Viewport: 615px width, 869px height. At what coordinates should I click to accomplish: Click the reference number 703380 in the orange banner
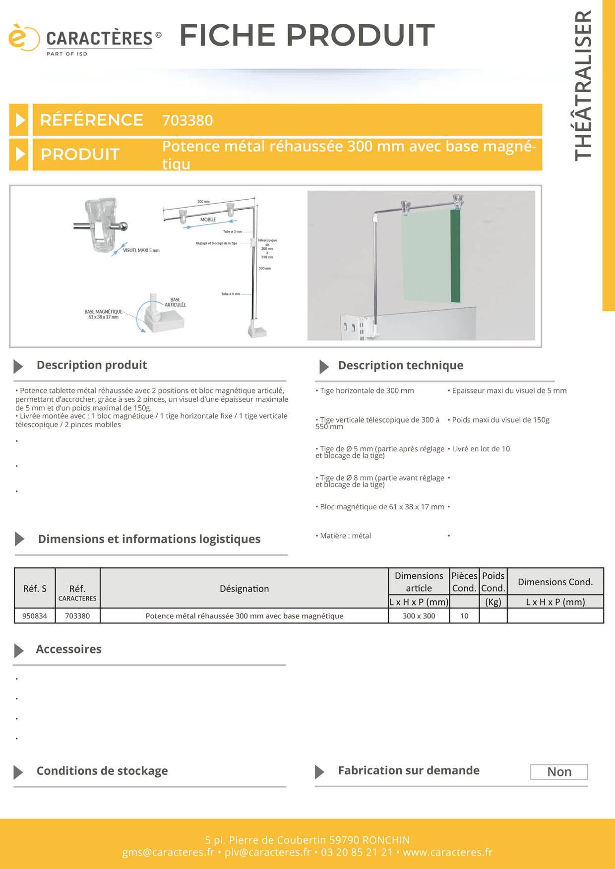[187, 120]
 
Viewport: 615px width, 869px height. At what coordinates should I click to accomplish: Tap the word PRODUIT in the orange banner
[80, 155]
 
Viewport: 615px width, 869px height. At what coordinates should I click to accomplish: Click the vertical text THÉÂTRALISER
[583, 85]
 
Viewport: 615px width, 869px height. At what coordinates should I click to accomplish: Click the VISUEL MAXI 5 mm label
[141, 251]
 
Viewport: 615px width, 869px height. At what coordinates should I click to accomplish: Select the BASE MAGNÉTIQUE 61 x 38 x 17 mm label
[103, 314]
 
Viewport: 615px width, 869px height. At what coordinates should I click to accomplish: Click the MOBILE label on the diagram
[208, 219]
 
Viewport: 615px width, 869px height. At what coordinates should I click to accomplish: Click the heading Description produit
[92, 365]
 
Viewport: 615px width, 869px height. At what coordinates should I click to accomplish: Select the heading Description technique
[400, 366]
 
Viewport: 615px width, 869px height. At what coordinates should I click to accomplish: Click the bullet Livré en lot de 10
[480, 449]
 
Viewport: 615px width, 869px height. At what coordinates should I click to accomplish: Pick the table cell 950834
[35, 616]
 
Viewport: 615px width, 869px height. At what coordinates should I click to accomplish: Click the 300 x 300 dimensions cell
[419, 616]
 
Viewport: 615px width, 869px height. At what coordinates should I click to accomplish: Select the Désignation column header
[244, 589]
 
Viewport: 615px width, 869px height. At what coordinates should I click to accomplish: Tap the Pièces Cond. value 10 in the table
[464, 616]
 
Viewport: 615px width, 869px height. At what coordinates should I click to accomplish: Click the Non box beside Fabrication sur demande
[559, 772]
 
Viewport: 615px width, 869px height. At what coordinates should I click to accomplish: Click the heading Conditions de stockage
[102, 771]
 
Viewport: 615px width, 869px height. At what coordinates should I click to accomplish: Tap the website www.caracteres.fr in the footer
[447, 852]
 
